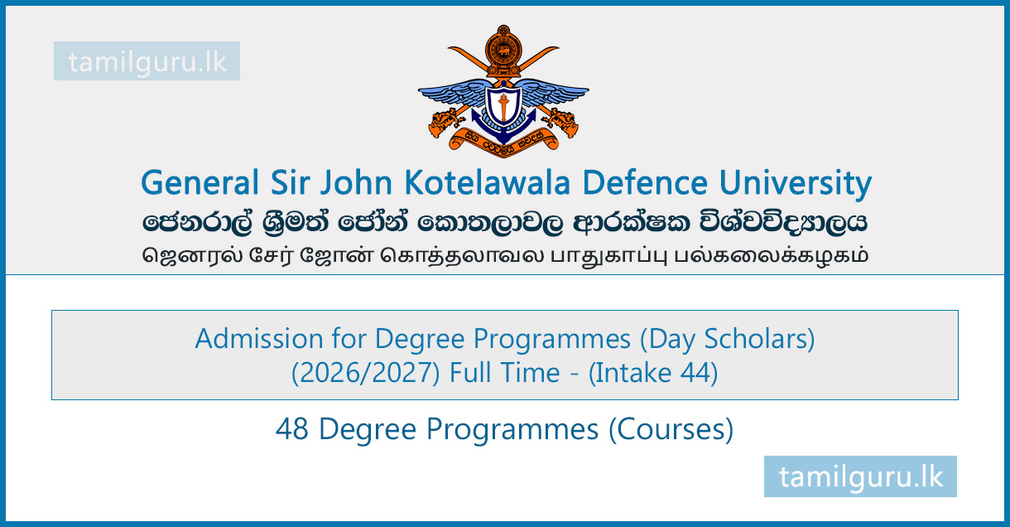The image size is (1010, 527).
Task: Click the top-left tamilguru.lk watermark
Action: click(x=147, y=61)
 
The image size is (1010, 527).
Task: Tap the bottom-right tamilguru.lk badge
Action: click(x=860, y=476)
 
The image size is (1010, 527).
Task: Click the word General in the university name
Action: click(x=200, y=183)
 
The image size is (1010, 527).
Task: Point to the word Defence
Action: click(x=645, y=183)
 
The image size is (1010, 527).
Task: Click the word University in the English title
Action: click(x=796, y=184)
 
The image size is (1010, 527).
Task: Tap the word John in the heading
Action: click(x=356, y=183)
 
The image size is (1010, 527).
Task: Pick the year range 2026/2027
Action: click(x=366, y=373)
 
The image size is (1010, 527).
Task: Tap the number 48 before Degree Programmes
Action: click(x=291, y=429)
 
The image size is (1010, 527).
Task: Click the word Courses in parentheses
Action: click(x=671, y=429)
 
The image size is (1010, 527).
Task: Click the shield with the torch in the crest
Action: click(x=503, y=105)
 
